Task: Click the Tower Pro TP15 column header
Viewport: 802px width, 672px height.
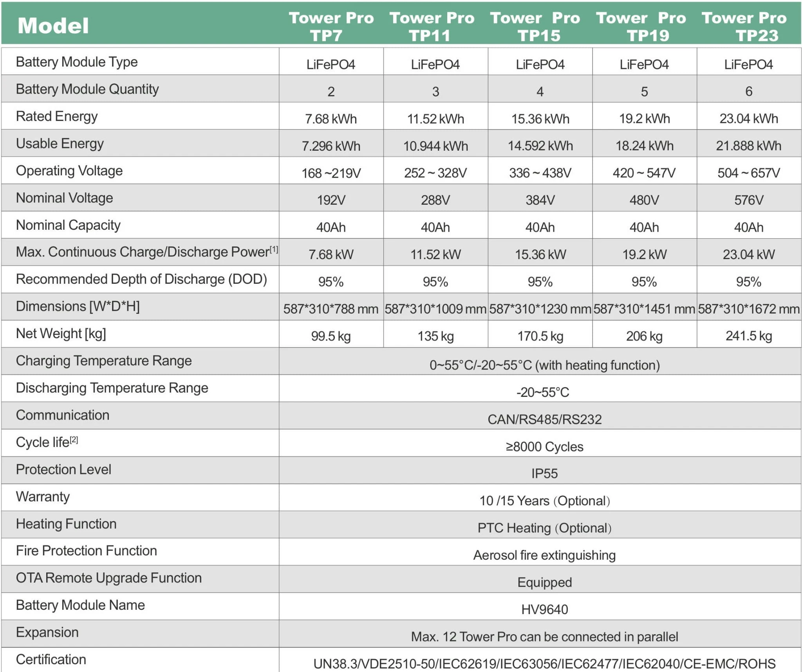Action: [535, 26]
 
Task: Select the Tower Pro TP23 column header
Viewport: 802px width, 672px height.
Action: [744, 26]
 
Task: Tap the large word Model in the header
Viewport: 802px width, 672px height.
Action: [53, 26]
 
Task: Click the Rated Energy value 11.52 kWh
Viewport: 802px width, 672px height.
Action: [435, 119]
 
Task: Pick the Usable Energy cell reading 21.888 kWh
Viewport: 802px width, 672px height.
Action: [749, 146]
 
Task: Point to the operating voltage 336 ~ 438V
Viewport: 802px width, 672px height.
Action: [540, 173]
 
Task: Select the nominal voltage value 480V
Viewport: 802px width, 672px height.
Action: [644, 200]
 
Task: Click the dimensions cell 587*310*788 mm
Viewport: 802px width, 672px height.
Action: [331, 309]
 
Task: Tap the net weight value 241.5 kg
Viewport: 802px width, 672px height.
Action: [749, 336]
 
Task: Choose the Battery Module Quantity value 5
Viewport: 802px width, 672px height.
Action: [644, 92]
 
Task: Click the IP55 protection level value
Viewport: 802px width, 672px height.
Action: [544, 474]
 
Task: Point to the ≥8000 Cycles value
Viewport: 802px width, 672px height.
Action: [544, 447]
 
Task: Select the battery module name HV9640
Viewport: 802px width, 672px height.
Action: [544, 609]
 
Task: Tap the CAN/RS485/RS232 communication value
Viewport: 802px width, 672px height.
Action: [544, 419]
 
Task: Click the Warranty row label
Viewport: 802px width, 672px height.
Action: [43, 497]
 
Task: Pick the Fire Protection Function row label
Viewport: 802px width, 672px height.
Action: [86, 551]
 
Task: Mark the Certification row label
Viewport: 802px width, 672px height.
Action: [51, 659]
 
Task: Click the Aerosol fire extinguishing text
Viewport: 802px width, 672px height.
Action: [544, 555]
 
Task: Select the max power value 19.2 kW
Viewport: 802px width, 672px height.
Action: [644, 254]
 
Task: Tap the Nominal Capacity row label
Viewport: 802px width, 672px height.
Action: [68, 225]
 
